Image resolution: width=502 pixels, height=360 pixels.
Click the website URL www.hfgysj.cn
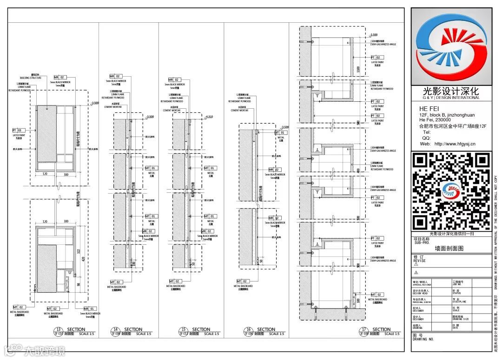[455, 144]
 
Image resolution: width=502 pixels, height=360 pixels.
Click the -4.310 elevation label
[210, 117]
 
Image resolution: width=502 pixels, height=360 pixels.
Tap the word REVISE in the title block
[419, 261]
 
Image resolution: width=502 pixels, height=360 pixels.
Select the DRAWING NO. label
[423, 339]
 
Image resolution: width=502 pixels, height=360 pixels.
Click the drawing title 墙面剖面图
[449, 249]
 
